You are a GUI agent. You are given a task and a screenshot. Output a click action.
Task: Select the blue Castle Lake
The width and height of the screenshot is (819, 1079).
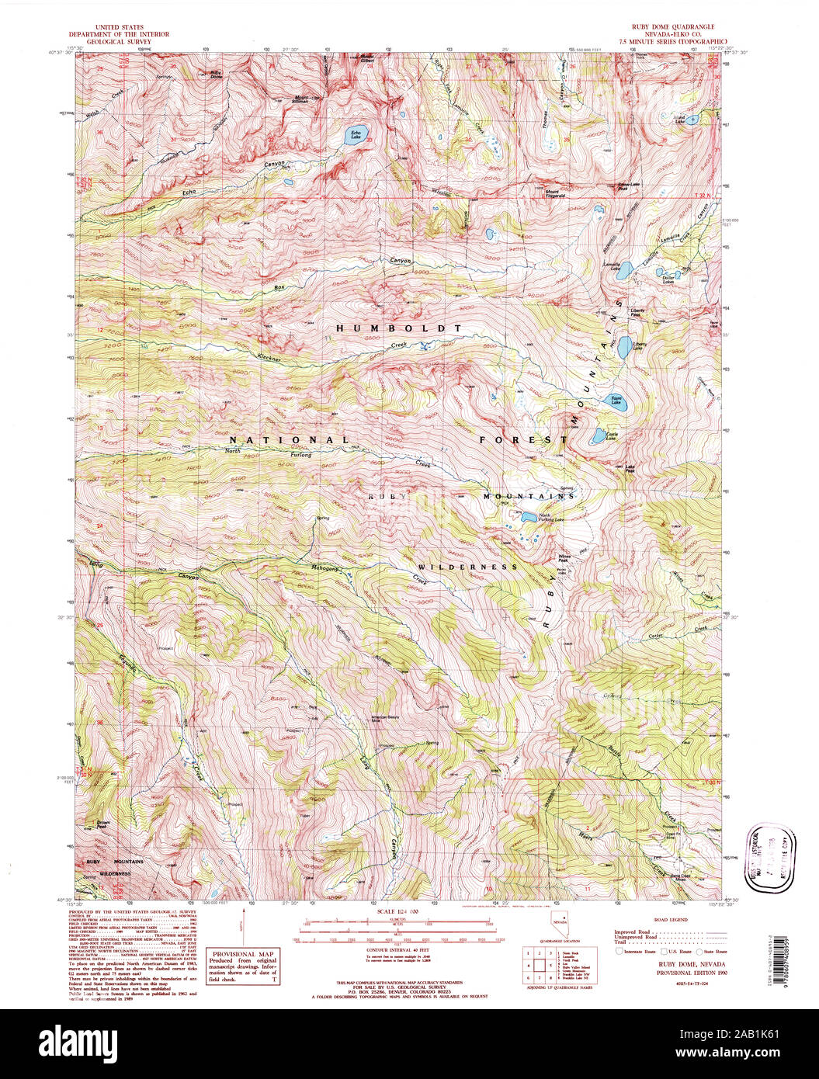tap(599, 435)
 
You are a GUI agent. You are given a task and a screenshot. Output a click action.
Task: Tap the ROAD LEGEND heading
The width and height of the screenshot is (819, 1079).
tap(672, 919)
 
